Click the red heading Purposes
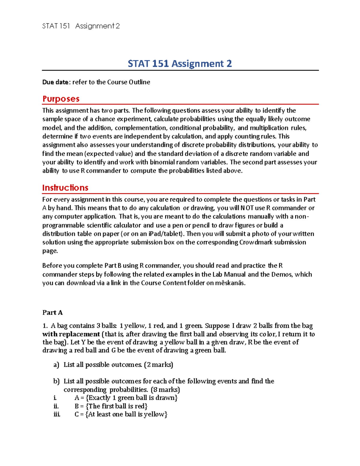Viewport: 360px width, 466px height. click(x=61, y=99)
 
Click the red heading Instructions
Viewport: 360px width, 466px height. click(x=65, y=188)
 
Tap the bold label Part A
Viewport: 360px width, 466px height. click(x=52, y=312)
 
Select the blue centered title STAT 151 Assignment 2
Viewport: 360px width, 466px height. click(x=180, y=64)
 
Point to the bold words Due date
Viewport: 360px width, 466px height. click(x=56, y=82)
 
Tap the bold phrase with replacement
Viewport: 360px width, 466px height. click(x=71, y=334)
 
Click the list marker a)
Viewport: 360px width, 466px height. click(x=56, y=365)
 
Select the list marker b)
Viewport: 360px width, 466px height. click(x=56, y=381)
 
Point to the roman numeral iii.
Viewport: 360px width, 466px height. click(x=57, y=414)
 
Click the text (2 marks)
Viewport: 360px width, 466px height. click(x=158, y=365)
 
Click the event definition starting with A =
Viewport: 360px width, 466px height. click(x=126, y=398)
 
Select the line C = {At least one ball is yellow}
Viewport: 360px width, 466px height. click(x=121, y=414)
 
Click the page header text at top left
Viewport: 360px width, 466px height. click(x=81, y=26)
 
